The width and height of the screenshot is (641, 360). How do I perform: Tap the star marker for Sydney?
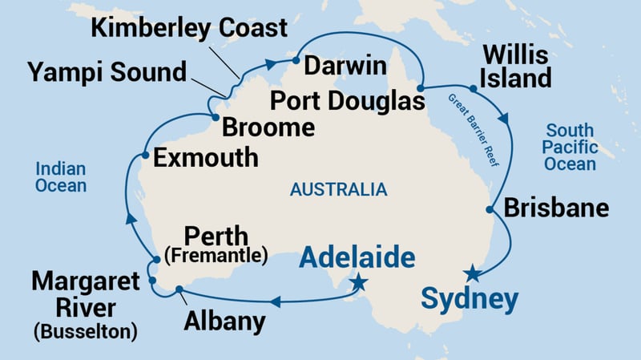[474, 273]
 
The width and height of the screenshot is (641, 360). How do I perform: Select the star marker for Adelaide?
[358, 282]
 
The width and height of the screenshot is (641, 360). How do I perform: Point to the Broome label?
[268, 127]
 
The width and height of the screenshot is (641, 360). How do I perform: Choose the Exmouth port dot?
[144, 156]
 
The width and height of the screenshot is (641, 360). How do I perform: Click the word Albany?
[224, 322]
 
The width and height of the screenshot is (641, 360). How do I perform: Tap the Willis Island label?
[514, 67]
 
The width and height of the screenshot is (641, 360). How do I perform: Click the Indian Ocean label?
[60, 176]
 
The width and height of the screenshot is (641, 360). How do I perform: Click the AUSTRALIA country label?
[338, 190]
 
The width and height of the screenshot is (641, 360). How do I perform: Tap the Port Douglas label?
[347, 103]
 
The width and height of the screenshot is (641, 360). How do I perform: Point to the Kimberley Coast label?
[188, 28]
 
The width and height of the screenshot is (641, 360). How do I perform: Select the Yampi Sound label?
[108, 71]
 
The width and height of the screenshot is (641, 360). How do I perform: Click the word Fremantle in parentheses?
[216, 258]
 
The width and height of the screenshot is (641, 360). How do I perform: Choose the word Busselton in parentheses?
[85, 330]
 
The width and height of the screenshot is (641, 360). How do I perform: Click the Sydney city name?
[469, 300]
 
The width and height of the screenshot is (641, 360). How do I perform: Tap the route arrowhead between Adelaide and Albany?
[274, 302]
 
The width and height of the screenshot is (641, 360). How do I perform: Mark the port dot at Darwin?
[296, 60]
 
